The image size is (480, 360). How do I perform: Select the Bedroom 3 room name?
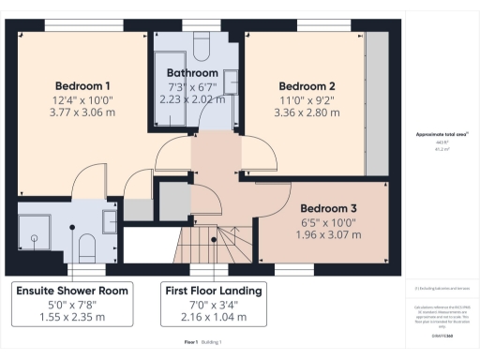pos(327,207)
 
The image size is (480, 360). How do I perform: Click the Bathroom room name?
pos(192,72)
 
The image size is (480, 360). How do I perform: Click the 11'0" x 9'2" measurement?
pos(307,99)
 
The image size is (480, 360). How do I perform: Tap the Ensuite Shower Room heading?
pos(72,291)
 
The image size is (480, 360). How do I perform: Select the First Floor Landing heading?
pos(213,291)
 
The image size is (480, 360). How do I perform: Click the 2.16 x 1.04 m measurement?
pos(213,318)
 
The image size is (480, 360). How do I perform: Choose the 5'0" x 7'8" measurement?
pos(72,305)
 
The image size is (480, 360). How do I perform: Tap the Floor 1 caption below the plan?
pos(190,343)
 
